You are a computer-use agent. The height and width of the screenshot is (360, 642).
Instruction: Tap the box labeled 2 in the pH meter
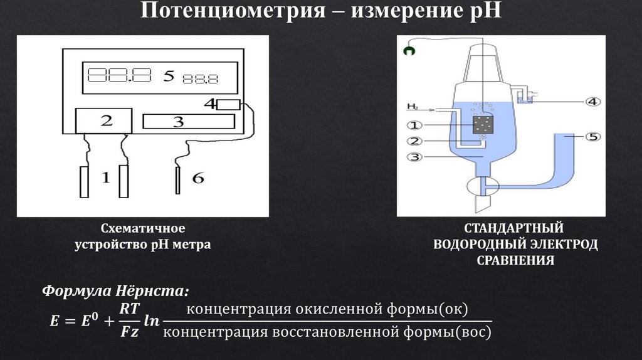104,121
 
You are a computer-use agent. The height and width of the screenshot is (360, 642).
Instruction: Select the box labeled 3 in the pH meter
178,122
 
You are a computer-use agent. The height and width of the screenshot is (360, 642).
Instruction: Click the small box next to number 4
228,105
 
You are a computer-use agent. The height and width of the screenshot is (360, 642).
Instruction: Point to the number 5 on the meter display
168,76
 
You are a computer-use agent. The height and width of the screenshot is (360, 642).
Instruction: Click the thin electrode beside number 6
178,181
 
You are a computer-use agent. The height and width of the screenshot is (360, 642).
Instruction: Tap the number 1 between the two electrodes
105,179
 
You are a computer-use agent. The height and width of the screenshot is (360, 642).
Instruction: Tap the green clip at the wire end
409,53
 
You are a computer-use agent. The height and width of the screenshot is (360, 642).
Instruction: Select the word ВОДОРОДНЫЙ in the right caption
490,243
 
